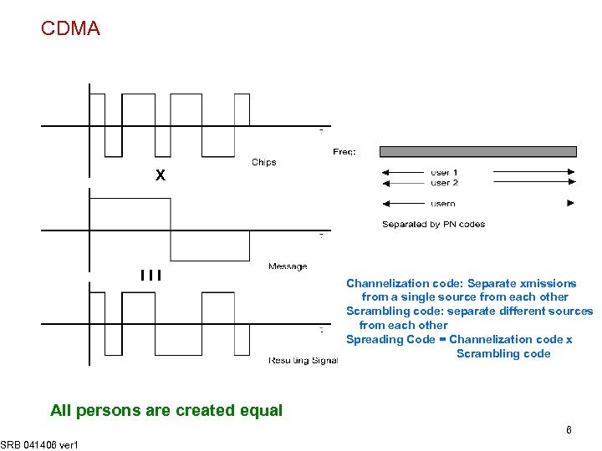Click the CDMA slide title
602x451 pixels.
[70, 28]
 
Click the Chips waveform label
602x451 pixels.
[263, 162]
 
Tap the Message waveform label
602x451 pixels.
[288, 266]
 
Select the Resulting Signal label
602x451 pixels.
[303, 360]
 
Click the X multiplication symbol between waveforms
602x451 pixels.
[161, 176]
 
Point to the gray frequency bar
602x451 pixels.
[477, 151]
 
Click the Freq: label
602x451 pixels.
[344, 152]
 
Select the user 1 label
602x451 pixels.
[444, 173]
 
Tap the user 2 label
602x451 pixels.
[444, 183]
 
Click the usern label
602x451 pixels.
[443, 203]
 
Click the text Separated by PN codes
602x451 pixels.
[433, 224]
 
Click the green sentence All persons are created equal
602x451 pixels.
[166, 410]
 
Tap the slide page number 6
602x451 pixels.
[569, 430]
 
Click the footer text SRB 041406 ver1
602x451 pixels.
[39, 444]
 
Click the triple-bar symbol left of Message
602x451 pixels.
[151, 274]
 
